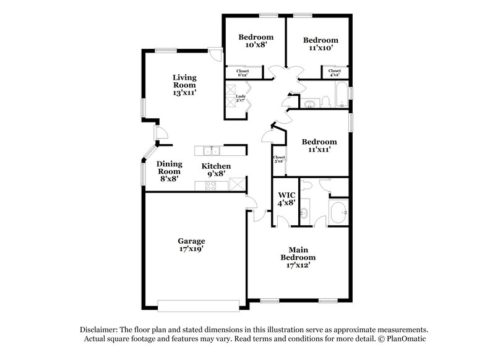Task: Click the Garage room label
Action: (x=192, y=245)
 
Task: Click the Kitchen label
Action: (x=216, y=170)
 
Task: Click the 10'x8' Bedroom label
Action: (x=256, y=41)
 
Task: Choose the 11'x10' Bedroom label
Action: (x=320, y=45)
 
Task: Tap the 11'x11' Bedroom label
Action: (x=320, y=145)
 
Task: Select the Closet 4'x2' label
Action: (x=334, y=73)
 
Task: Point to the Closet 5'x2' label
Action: (x=279, y=160)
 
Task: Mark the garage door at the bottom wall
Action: (x=197, y=304)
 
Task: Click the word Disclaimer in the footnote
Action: (x=100, y=330)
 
